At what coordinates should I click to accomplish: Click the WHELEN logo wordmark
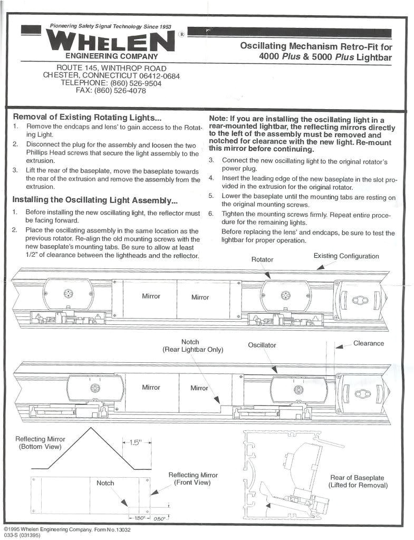(110, 41)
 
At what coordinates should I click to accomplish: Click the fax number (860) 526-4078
(111, 90)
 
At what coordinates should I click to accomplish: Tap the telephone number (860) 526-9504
(111, 83)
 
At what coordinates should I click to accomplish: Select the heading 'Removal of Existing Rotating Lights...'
(87, 117)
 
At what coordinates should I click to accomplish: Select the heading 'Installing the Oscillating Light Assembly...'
(95, 200)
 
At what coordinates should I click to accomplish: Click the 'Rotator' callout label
(262, 259)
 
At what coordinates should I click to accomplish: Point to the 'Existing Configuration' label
(346, 256)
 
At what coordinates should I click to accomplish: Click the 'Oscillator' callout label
(262, 345)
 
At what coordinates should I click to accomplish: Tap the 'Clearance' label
(369, 343)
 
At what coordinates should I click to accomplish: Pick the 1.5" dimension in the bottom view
(137, 442)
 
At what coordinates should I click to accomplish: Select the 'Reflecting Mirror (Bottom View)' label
(40, 443)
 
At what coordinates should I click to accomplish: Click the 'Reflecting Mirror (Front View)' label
(192, 479)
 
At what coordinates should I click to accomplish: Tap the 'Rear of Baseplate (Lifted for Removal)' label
(358, 481)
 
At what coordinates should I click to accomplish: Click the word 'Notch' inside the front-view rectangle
(105, 483)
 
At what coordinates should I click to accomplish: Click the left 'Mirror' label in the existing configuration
(151, 296)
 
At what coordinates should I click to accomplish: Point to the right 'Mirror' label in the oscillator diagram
(199, 388)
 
